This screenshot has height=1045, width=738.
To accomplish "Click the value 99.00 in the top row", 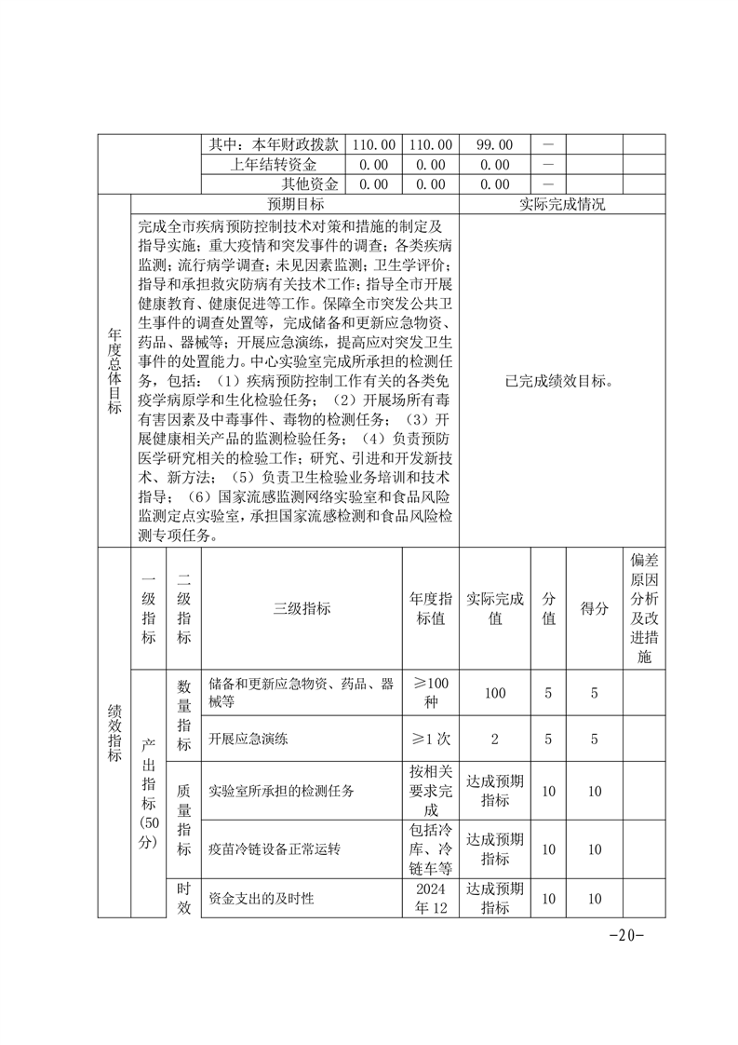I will pyautogui.click(x=494, y=144).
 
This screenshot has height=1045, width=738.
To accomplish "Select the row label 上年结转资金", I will pyautogui.click(x=275, y=164).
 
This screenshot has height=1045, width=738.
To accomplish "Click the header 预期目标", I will pyautogui.click(x=296, y=204).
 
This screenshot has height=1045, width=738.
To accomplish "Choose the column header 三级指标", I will pyautogui.click(x=302, y=608).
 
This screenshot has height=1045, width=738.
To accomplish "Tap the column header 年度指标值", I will pyautogui.click(x=431, y=608).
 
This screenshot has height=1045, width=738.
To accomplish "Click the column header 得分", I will pyautogui.click(x=595, y=608).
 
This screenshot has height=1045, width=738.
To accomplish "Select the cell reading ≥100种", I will pyautogui.click(x=431, y=693).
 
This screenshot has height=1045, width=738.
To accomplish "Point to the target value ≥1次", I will pyautogui.click(x=431, y=740).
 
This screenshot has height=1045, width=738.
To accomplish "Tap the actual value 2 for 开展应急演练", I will pyautogui.click(x=494, y=740).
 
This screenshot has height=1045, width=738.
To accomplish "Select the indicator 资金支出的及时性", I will pyautogui.click(x=262, y=899).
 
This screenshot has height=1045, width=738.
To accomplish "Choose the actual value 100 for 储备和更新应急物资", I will pyautogui.click(x=494, y=693).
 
